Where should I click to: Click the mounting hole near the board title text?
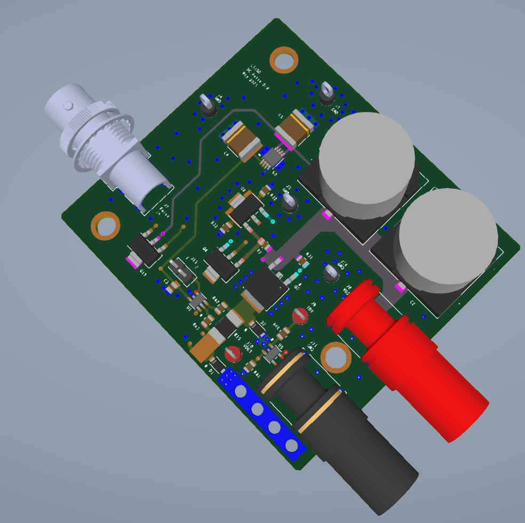point(283,60)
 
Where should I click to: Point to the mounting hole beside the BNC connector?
point(105,225)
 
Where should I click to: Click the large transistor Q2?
point(265,288)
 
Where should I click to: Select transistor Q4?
point(220,265)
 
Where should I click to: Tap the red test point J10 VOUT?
point(233,354)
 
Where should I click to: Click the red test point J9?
point(300,316)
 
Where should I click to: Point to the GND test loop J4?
point(208,106)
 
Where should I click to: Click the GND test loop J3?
point(327,94)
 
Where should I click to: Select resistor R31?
point(303,261)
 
